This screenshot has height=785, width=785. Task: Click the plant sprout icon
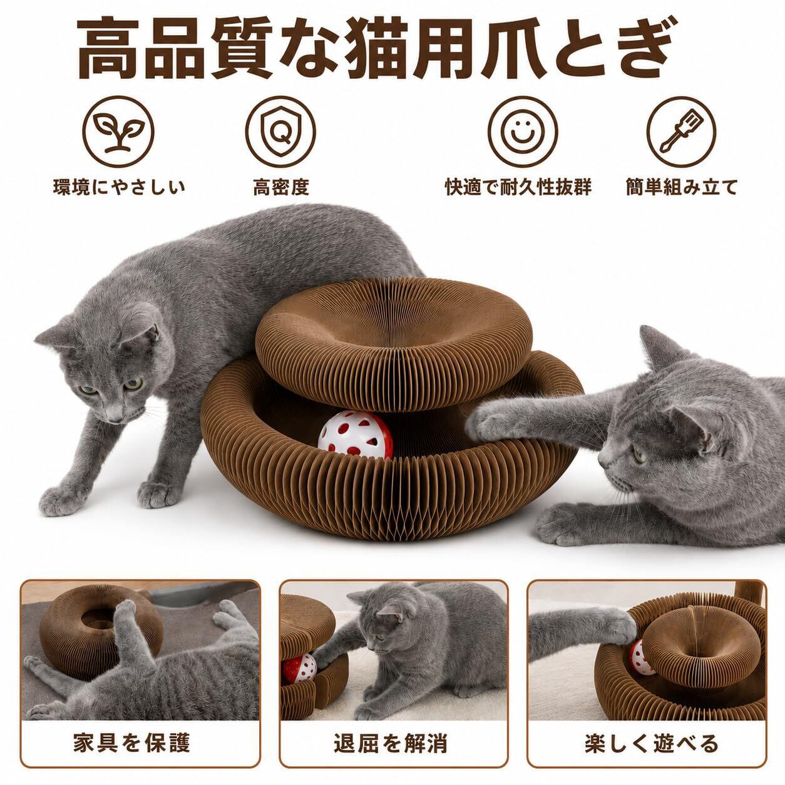point(118,131)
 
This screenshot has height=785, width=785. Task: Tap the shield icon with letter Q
point(280,131)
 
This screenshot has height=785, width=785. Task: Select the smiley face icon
point(523,131)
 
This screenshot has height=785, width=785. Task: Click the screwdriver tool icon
point(682,131)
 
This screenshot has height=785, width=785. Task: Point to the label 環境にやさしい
point(119,187)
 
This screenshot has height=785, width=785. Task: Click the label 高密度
point(281,187)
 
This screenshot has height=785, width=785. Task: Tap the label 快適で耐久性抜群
point(518,187)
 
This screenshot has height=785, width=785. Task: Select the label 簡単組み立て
point(682,187)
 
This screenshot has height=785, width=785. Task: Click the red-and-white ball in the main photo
point(355,435)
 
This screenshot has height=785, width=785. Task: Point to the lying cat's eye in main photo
point(639,456)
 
